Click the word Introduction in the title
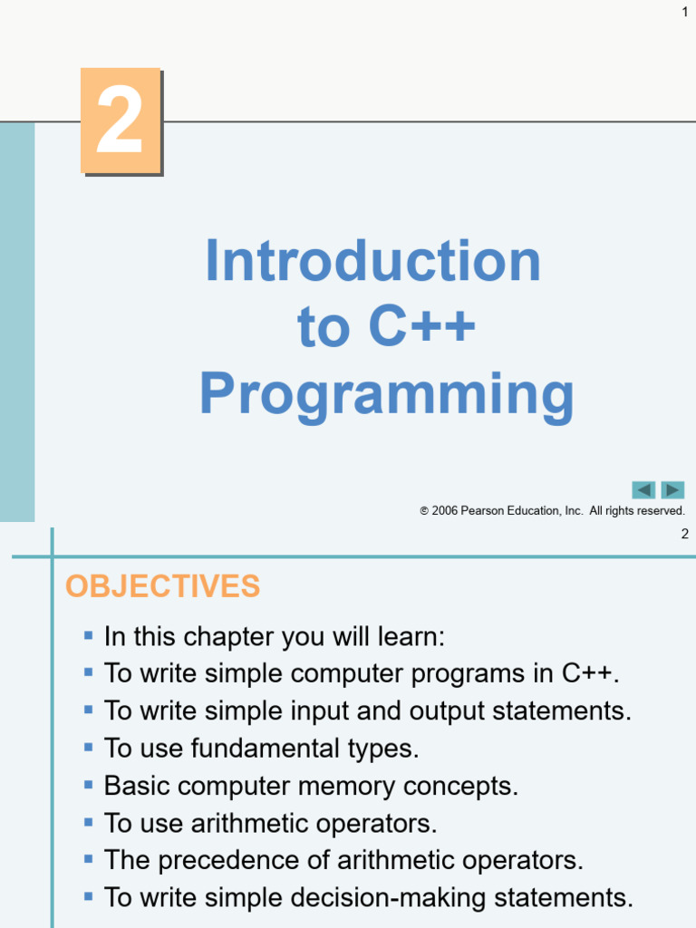point(372,261)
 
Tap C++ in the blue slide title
point(421,327)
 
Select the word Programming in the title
point(386,395)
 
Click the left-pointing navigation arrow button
point(643,490)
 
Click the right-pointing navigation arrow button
point(672,490)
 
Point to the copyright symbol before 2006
point(424,511)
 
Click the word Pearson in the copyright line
point(482,511)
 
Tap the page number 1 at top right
point(685,11)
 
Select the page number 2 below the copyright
point(685,534)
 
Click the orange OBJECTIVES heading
point(162,586)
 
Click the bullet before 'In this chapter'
point(88,636)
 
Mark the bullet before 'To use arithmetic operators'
point(88,823)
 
